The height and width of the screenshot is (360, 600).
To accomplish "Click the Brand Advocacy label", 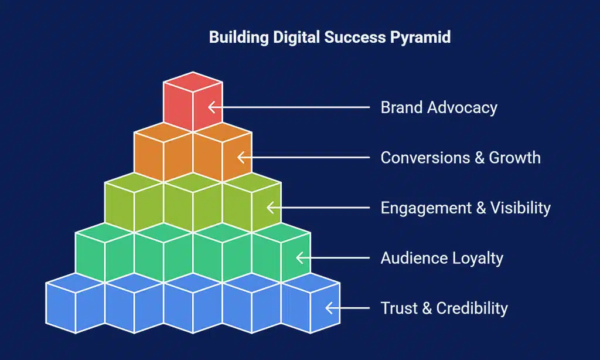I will [439, 108].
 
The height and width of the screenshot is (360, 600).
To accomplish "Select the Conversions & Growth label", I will [461, 158].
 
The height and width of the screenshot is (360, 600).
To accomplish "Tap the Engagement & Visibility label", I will [465, 208].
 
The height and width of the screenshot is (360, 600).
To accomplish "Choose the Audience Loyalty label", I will [442, 258].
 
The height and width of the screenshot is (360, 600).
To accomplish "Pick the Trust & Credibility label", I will [444, 308].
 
